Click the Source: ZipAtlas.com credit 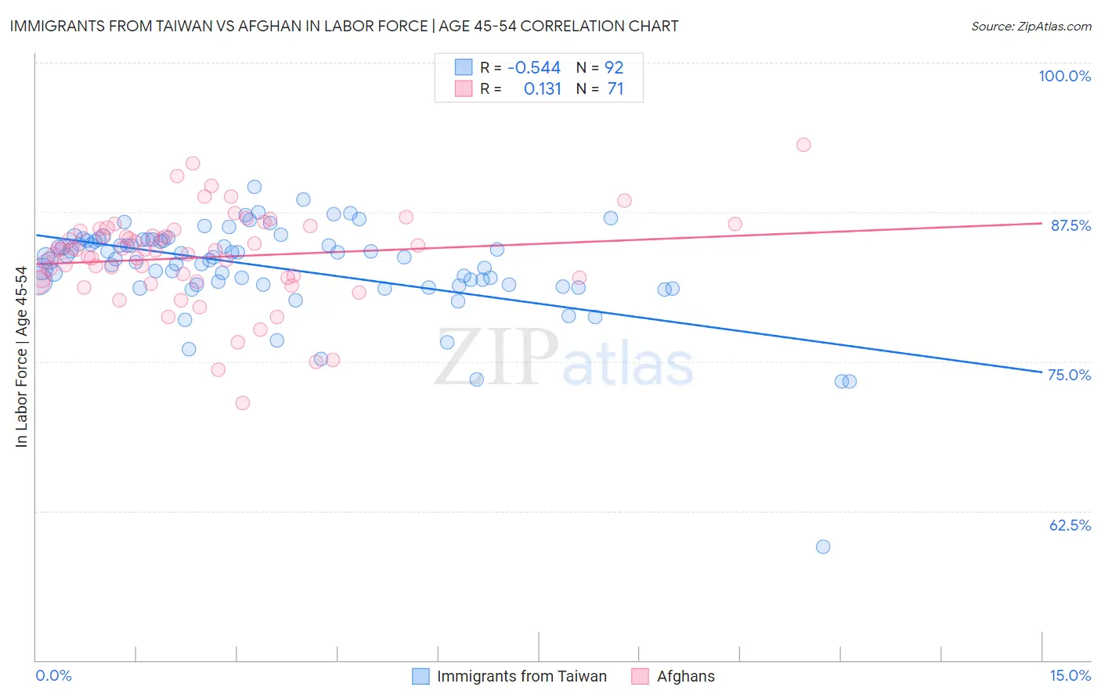[x=1031, y=26]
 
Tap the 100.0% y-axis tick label [x=1064, y=76]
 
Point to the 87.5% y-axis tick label [x=1070, y=225]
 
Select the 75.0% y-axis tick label [x=1070, y=375]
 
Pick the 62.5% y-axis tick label [x=1070, y=525]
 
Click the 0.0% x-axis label [x=53, y=675]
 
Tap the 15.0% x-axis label [x=1070, y=675]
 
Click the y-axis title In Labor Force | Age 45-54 [x=21, y=357]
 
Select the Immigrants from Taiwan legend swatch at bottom [x=421, y=676]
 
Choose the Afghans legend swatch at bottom [x=640, y=676]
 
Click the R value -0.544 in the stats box [x=534, y=68]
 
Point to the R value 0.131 [x=543, y=89]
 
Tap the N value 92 [x=614, y=68]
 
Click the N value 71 [x=615, y=89]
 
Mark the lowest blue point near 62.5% [x=823, y=547]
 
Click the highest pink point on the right [x=803, y=145]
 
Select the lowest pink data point [x=243, y=403]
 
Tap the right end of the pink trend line [x=1041, y=223]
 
